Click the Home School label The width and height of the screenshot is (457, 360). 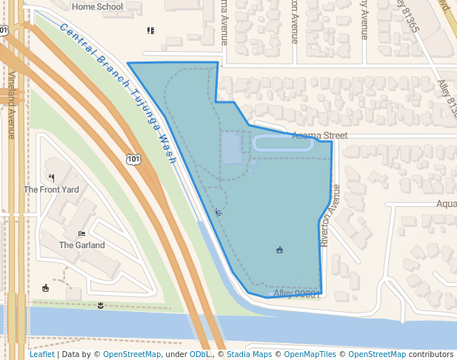pyautogui.click(x=98, y=7)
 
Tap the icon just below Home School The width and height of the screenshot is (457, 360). pyautogui.click(x=150, y=30)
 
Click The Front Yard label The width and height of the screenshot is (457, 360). pyautogui.click(x=51, y=190)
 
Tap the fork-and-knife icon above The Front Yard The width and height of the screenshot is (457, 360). pyautogui.click(x=51, y=178)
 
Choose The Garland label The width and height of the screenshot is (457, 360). pyautogui.click(x=81, y=245)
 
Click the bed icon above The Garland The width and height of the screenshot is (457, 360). pyautogui.click(x=81, y=233)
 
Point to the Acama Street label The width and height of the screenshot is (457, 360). pyautogui.click(x=319, y=136)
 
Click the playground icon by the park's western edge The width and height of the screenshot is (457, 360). pyautogui.click(x=218, y=213)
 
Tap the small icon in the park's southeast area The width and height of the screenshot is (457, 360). pyautogui.click(x=279, y=250)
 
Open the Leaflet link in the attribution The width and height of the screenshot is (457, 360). pyautogui.click(x=41, y=354)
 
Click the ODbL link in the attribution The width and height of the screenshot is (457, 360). pyautogui.click(x=199, y=354)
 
